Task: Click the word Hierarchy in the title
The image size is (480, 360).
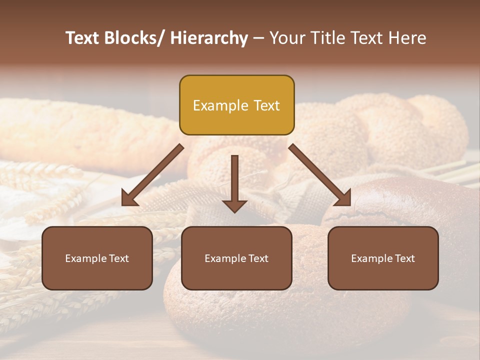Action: click(209, 38)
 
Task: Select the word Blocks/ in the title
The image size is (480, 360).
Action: click(133, 38)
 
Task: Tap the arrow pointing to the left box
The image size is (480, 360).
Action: click(152, 175)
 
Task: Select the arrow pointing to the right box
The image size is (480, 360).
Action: click(320, 175)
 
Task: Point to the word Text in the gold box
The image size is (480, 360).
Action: click(266, 105)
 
